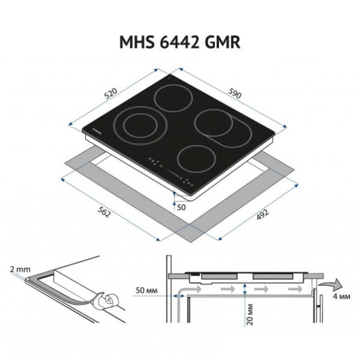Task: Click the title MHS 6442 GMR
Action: (180, 42)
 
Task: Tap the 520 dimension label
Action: (111, 93)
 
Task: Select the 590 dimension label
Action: (235, 93)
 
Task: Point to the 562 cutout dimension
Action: (104, 212)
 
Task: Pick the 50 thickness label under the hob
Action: (181, 208)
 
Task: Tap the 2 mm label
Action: (20, 269)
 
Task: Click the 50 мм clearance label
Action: (146, 290)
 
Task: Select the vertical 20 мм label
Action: (250, 315)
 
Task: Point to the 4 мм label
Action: (342, 296)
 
